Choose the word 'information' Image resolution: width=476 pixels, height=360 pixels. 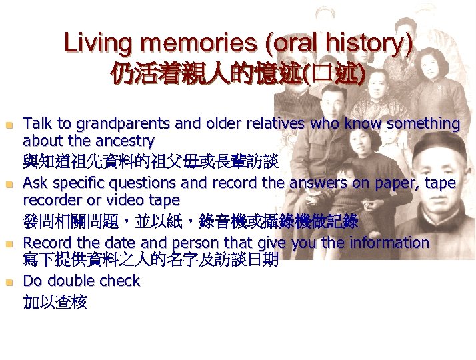390,242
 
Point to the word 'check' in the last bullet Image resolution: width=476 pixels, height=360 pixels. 121,281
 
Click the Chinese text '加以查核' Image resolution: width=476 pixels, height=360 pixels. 55,303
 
